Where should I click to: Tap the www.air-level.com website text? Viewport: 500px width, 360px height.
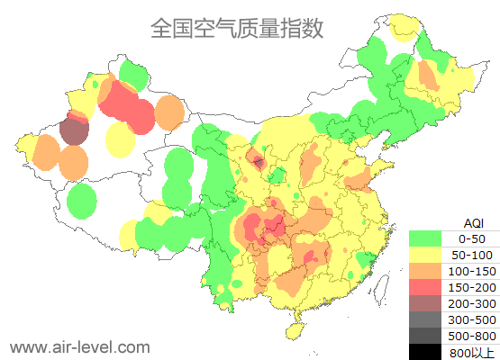[79, 346]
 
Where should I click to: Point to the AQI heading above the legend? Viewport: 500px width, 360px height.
[473, 222]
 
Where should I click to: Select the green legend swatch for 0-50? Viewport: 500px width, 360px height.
[426, 238]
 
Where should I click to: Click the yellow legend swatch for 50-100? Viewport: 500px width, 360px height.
[426, 255]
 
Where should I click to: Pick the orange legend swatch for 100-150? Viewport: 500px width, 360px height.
[426, 271]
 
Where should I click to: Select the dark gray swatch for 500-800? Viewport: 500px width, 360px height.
[426, 335]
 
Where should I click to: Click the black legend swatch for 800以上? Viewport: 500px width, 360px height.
[426, 350]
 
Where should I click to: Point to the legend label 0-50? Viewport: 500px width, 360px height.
[472, 238]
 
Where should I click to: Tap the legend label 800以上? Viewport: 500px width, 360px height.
[472, 351]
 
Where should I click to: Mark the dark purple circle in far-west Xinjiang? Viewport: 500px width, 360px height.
[75, 132]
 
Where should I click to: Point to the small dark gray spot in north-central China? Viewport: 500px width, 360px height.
[259, 162]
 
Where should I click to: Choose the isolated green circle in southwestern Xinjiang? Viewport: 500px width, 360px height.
[82, 201]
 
